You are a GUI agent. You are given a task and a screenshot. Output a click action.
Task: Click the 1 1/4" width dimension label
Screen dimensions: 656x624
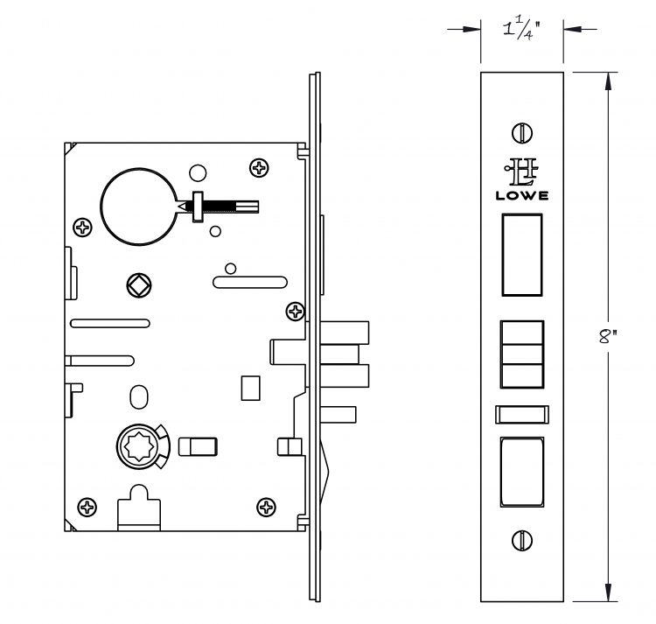[521, 29]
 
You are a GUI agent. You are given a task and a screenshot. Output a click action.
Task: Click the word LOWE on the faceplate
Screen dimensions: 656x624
[522, 195]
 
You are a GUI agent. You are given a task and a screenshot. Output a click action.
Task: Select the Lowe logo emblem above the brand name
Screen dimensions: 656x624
[521, 172]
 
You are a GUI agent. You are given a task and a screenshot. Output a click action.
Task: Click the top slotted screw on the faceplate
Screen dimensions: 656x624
[522, 133]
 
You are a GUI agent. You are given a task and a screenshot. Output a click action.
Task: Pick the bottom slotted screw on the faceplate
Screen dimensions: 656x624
[522, 540]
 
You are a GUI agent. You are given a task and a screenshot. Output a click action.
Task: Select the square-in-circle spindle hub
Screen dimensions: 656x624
[139, 285]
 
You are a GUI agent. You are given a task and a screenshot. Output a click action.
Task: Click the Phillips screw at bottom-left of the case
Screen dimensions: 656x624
[87, 508]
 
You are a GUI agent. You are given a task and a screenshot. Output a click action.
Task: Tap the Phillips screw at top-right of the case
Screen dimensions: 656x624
[259, 168]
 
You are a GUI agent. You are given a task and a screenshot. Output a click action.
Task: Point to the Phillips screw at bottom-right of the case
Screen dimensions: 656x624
[266, 508]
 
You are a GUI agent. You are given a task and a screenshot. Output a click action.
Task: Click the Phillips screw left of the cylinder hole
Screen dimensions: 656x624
[82, 228]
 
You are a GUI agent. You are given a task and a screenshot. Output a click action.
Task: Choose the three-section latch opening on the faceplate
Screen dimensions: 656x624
[522, 354]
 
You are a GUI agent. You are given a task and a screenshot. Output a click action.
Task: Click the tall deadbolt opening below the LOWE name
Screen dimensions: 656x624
[522, 255]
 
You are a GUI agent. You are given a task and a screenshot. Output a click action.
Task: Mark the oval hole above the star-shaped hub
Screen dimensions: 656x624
[139, 397]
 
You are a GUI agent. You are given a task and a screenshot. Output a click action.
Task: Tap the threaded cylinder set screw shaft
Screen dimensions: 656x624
[219, 207]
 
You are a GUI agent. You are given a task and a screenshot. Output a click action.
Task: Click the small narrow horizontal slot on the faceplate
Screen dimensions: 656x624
[522, 414]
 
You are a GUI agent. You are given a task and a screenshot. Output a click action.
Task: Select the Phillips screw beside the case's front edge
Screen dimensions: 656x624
[296, 312]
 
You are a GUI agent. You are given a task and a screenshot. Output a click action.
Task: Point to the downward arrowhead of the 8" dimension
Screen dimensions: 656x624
[608, 592]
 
